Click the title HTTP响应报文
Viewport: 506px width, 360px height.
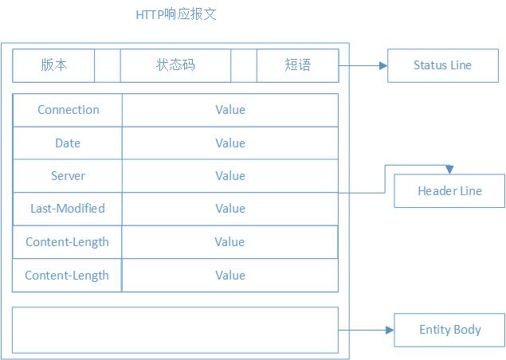176,15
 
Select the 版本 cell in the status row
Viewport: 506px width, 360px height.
54,65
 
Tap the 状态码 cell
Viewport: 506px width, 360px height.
175,65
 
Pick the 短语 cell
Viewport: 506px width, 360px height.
297,65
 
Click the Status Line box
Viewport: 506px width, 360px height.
442,65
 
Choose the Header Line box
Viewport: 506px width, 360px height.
449,191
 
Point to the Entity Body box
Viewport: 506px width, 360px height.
449,330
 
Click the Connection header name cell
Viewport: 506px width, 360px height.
68,110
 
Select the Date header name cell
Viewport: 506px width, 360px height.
68,143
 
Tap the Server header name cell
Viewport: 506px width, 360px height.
68,176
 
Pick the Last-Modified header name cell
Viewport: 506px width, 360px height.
68,209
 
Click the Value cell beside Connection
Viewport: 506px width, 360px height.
230,110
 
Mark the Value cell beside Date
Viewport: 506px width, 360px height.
230,143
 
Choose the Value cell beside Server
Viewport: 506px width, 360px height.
230,176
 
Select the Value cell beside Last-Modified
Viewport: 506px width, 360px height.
230,209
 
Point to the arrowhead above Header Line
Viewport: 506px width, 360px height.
449,170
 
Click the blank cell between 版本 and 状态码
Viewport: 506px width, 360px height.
108,65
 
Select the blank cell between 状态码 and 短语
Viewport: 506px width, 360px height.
244,65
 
